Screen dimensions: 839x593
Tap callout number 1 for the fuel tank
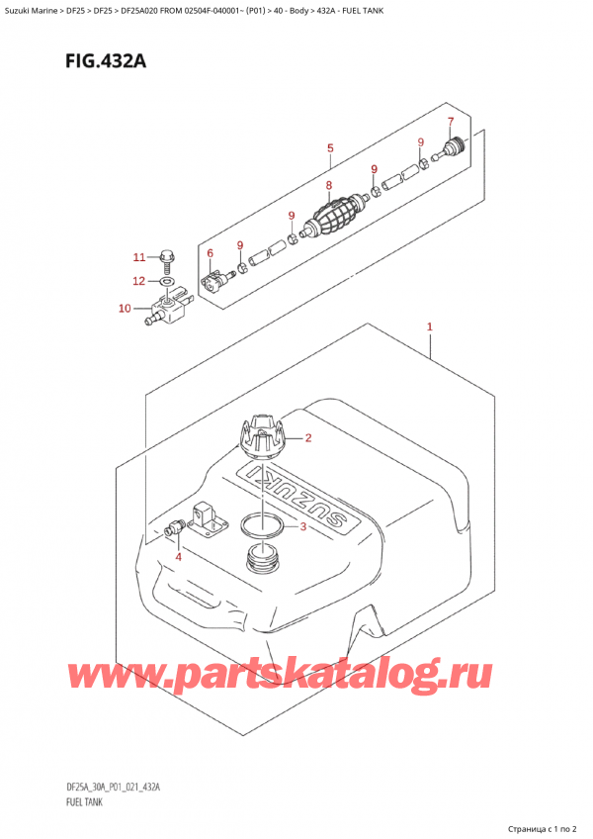[430, 326]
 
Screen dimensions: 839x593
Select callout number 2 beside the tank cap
[308, 438]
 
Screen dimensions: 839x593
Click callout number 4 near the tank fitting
[178, 557]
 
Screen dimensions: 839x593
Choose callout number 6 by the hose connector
[210, 254]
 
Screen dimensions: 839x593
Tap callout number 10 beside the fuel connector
[125, 309]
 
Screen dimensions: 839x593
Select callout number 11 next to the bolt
[139, 257]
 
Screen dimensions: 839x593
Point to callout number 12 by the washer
[139, 282]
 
